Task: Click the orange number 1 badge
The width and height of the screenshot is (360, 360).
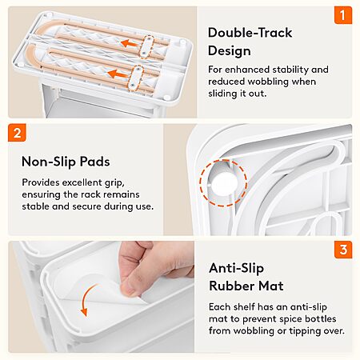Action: [343, 15]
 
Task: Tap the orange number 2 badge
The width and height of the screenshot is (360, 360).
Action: [17, 133]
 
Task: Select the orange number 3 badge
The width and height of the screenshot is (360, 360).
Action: [343, 250]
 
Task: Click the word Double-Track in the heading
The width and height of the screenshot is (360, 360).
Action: [250, 33]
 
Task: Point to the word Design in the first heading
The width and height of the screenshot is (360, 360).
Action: [230, 51]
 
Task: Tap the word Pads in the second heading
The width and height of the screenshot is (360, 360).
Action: [95, 162]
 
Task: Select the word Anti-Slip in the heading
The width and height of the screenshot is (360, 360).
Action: [236, 268]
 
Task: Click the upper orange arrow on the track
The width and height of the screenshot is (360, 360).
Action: [129, 43]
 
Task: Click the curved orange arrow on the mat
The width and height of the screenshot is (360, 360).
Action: [88, 299]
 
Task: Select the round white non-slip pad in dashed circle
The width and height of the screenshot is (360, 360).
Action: [224, 183]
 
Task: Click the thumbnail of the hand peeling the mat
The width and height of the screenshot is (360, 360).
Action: [102, 297]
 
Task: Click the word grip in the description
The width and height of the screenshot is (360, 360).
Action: [114, 183]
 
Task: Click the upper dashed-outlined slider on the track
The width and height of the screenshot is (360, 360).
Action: [146, 46]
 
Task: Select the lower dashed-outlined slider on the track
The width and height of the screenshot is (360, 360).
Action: [135, 78]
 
